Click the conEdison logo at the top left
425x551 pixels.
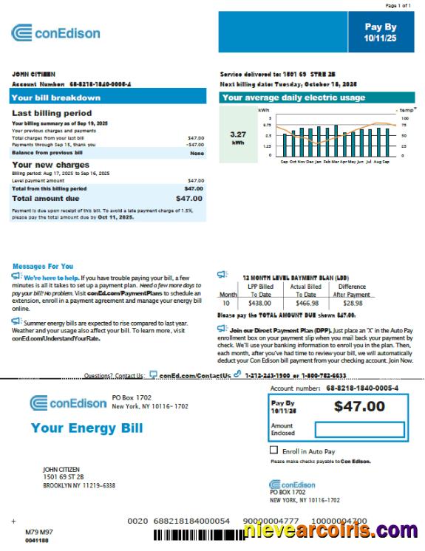[55, 32]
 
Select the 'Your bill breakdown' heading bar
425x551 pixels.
[108, 97]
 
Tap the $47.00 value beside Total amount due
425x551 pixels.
[189, 199]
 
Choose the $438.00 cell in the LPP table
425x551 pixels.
[260, 303]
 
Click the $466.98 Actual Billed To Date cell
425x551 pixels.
[305, 303]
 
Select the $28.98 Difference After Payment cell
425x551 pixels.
[353, 303]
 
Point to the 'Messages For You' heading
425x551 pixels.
[43, 266]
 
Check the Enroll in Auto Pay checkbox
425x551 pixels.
[274, 450]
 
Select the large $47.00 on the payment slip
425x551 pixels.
[359, 406]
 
